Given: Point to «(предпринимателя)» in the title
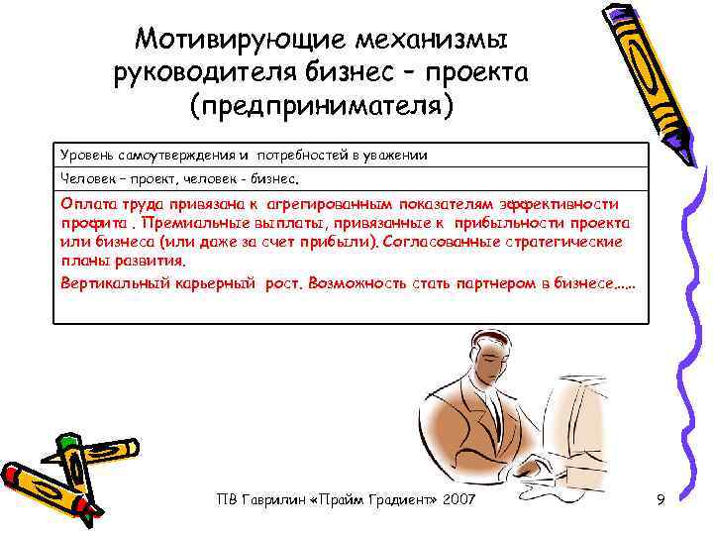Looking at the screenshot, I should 322,106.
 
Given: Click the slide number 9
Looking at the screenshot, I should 660,503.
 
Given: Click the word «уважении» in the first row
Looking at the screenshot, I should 397,157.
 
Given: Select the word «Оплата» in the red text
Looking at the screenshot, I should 88,202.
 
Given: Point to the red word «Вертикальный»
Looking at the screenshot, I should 110,282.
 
